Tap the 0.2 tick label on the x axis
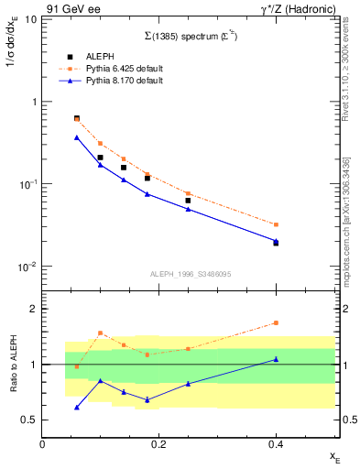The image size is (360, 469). click(x=159, y=445)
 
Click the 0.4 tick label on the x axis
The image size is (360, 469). click(x=276, y=445)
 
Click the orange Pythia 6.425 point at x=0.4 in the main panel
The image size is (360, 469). click(x=276, y=224)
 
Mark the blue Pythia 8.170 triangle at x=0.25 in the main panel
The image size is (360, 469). click(x=188, y=209)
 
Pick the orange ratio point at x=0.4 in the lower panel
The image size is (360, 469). click(x=276, y=322)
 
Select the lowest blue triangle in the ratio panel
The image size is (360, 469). click(x=77, y=407)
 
